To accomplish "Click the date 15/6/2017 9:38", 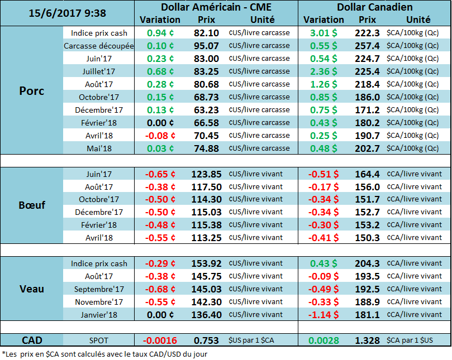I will (60, 13).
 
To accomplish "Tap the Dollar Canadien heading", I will (375, 7).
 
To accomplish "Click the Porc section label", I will (32, 90).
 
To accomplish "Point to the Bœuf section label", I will (32, 205).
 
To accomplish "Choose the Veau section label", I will (32, 289).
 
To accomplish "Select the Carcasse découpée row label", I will (99, 46).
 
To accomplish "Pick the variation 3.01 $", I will (323, 33).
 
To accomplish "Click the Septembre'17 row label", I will (99, 289).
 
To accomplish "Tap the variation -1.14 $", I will (323, 315).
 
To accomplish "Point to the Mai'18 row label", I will (99, 148).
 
